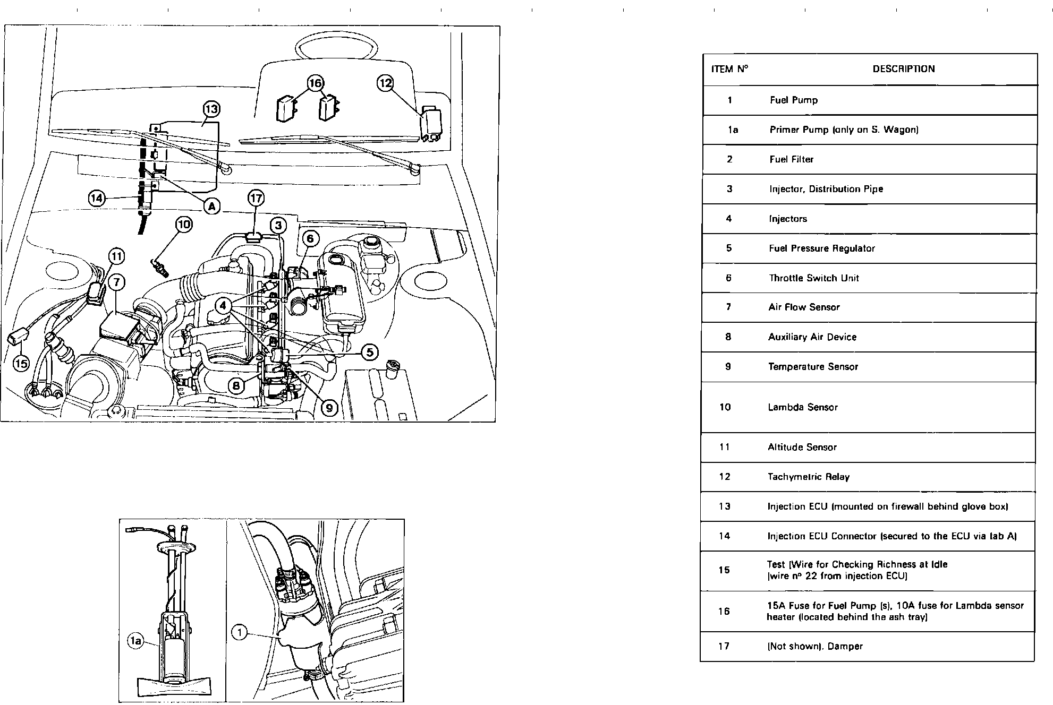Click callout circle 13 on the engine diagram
point(211,109)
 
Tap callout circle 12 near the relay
point(385,83)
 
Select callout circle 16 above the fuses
point(316,83)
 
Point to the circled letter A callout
point(212,206)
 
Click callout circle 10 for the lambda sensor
point(184,225)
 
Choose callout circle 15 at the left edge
point(21,364)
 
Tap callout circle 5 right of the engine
point(369,351)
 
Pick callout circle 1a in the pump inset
point(136,642)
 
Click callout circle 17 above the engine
point(256,199)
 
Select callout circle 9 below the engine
point(329,407)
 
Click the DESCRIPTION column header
point(903,69)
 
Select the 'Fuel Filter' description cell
point(791,159)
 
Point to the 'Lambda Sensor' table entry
point(802,407)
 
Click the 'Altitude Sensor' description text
point(802,447)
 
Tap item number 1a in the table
point(733,130)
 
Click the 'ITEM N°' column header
point(729,69)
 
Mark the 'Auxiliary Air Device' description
point(812,337)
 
